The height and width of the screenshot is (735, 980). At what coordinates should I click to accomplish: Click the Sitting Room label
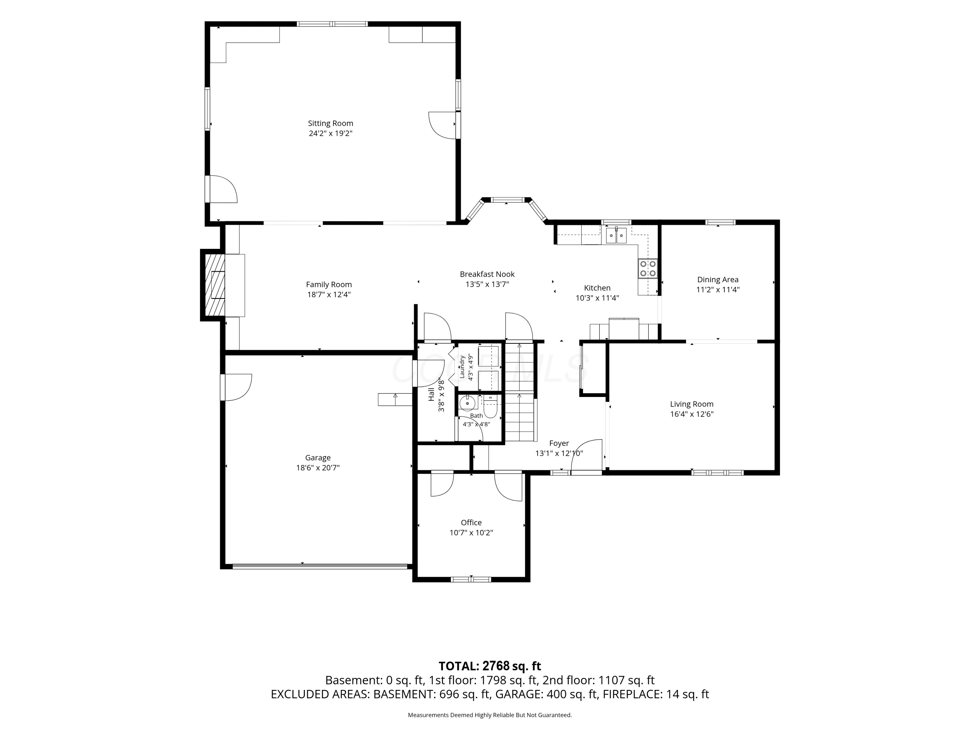point(331,123)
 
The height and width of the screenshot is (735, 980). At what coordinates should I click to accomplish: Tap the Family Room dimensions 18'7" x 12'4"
point(329,295)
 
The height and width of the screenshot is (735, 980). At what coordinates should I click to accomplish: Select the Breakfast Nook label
point(487,274)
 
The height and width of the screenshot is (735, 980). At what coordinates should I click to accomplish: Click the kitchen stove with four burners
point(648,268)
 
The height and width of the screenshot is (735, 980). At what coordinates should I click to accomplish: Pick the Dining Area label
point(718,280)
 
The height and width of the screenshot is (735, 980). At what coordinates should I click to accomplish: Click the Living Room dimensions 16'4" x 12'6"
point(692,414)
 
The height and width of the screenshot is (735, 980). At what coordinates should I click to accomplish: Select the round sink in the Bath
point(467,404)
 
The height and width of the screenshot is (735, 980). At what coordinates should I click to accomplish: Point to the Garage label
point(318,458)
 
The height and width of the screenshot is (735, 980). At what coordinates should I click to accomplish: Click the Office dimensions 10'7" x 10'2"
point(471,532)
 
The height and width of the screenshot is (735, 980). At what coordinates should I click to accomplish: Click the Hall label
point(431,394)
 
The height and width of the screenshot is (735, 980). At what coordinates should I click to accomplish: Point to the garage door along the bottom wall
point(319,566)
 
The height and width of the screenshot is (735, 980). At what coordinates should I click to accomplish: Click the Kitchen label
point(597,288)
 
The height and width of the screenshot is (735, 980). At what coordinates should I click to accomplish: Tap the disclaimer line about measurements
point(490,715)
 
